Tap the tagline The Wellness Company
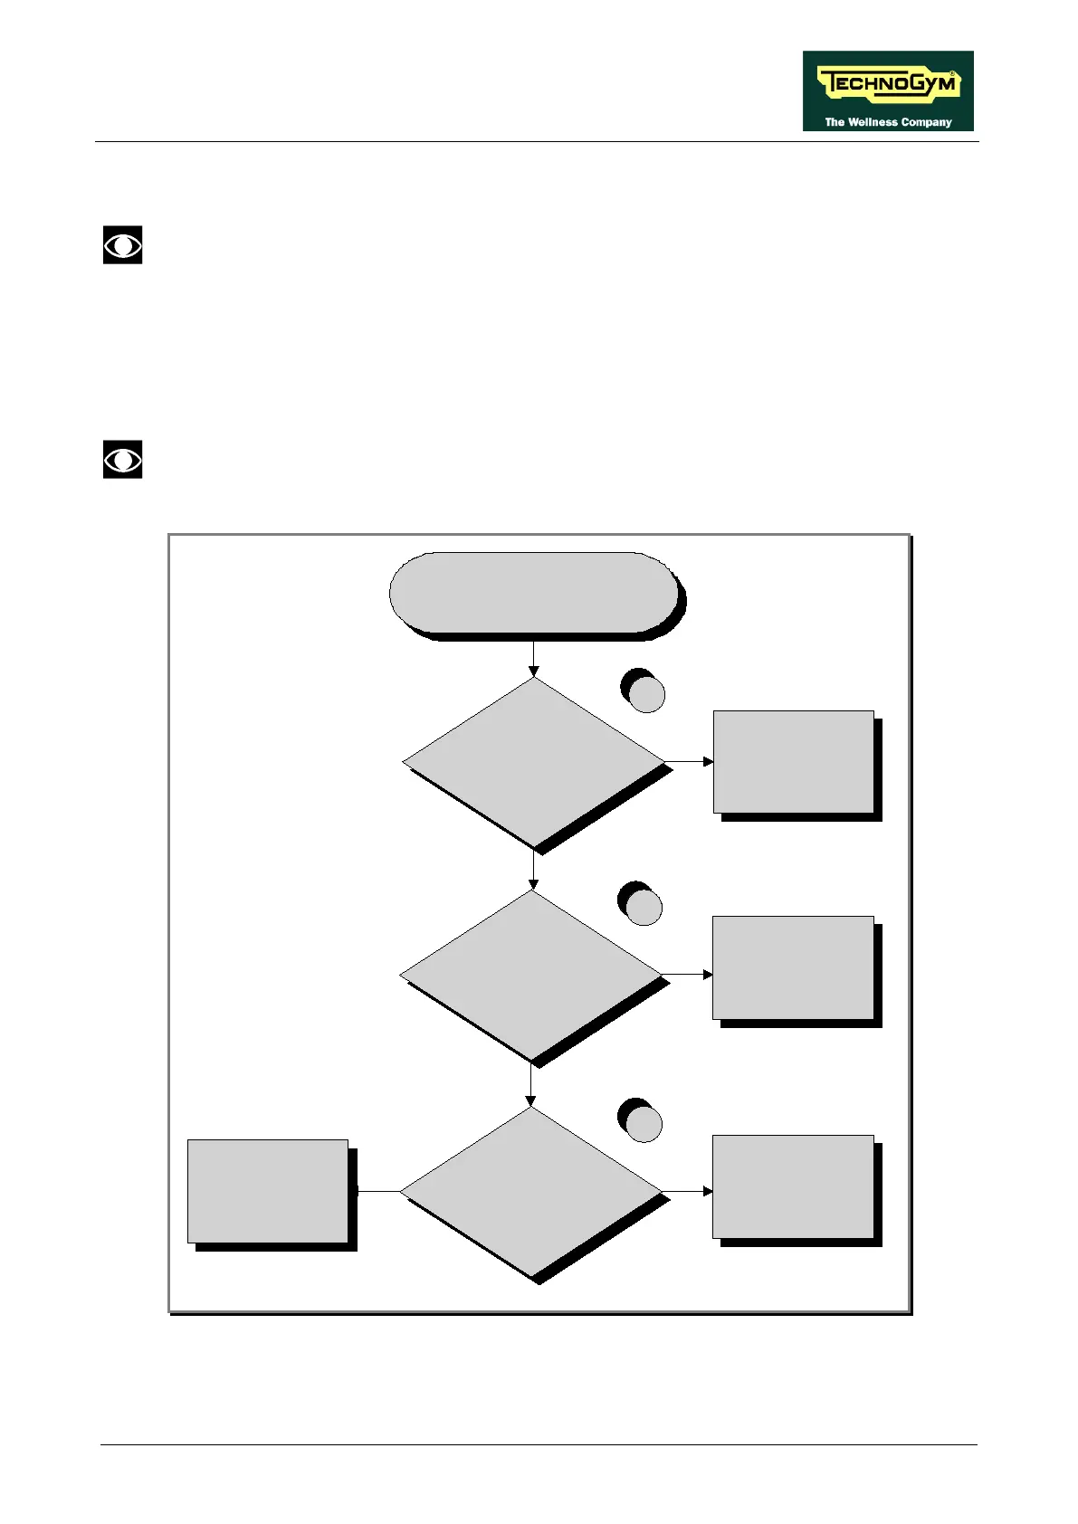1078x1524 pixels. click(x=888, y=122)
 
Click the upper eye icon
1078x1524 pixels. click(x=122, y=245)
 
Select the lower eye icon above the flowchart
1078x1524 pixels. click(x=122, y=460)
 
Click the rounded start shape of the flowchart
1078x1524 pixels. click(x=534, y=593)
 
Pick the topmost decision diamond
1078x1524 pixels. click(x=534, y=762)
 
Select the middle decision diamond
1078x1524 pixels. click(x=531, y=975)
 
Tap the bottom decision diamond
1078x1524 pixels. click(x=531, y=1192)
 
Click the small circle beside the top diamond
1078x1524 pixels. click(x=646, y=695)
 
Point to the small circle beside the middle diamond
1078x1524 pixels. click(x=644, y=907)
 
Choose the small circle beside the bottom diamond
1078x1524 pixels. click(x=644, y=1124)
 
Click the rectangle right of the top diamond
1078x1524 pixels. click(x=794, y=762)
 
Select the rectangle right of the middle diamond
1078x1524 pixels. click(x=793, y=967)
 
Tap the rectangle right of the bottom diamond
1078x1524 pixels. click(x=793, y=1186)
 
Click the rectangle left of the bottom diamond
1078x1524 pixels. click(x=268, y=1191)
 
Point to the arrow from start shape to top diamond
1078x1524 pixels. click(x=534, y=659)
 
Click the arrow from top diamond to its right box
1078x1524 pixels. click(x=690, y=762)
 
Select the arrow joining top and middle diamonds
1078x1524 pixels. click(x=534, y=871)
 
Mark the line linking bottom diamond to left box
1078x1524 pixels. click(x=378, y=1192)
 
